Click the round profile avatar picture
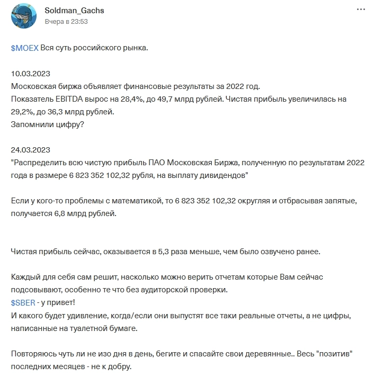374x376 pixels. point(24,16)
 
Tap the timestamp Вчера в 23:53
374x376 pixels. point(67,22)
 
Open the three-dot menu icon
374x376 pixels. point(361,10)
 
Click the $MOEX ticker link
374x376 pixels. point(24,48)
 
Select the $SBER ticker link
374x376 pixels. point(23,302)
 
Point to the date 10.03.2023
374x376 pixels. point(31,74)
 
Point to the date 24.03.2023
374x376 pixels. point(31,150)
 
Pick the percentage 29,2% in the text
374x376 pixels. point(22,112)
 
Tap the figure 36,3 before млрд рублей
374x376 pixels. point(55,112)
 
